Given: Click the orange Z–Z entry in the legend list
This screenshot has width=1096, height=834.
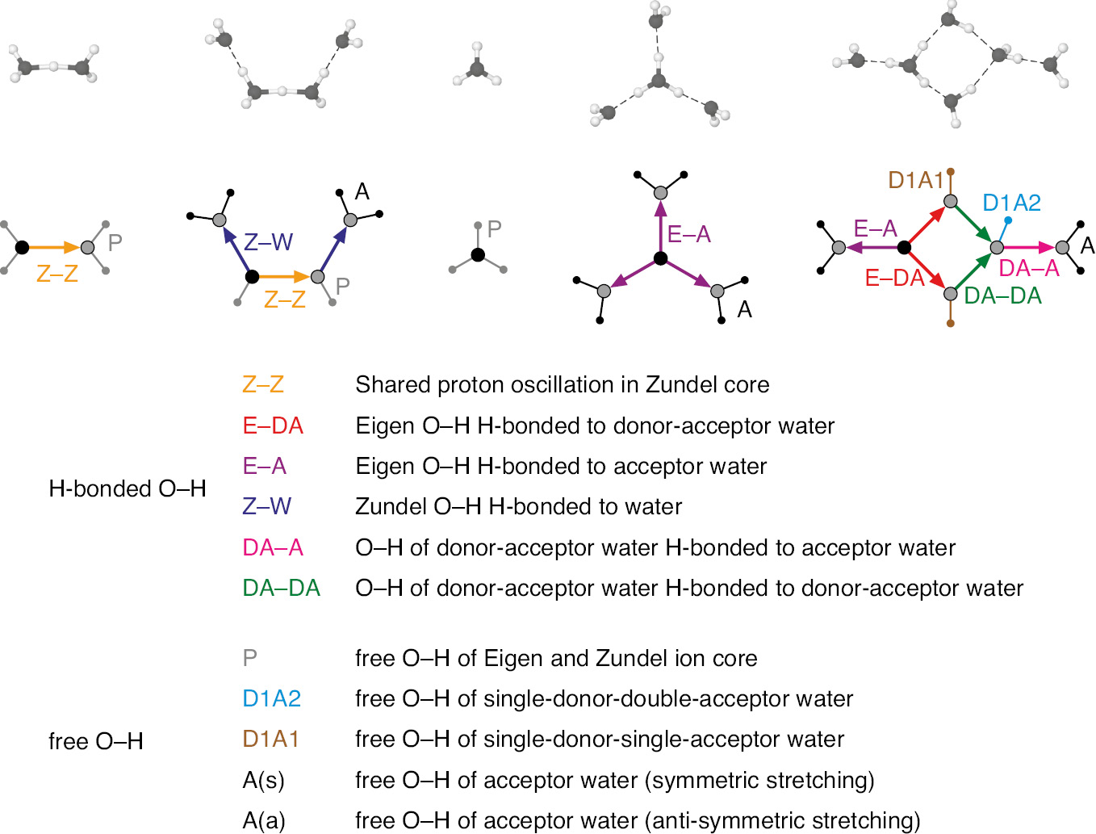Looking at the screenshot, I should tap(263, 384).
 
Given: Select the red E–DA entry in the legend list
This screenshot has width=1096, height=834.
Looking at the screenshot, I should tap(273, 425).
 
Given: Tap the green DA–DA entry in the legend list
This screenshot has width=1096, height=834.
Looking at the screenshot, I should tap(281, 588).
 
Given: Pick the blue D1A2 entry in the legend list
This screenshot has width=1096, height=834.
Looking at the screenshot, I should tap(271, 698).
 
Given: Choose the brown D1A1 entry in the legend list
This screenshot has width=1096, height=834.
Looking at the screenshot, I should tap(270, 739).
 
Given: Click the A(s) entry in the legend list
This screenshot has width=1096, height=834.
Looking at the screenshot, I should tap(263, 780).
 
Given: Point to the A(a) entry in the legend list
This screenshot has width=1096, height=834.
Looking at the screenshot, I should tap(264, 820).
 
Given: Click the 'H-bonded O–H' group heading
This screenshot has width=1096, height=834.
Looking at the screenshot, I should tap(128, 488).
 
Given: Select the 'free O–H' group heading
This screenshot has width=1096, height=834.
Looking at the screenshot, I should tap(95, 741).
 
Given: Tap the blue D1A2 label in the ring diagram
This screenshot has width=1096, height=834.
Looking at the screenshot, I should tap(1011, 203).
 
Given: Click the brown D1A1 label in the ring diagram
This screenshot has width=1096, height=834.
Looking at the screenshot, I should tap(915, 180).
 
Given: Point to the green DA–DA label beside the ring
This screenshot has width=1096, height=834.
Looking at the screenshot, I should tap(1002, 296).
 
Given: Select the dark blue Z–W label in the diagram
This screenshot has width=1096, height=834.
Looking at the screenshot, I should tap(268, 241).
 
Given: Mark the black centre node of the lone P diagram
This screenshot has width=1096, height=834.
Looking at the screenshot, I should tap(478, 255).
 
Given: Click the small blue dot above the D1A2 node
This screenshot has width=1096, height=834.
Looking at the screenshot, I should tap(1008, 220).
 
